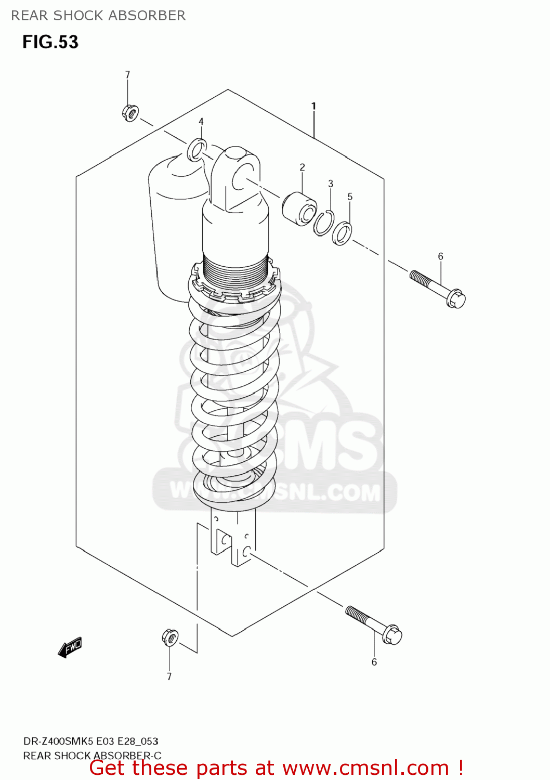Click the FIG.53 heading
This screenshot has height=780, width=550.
50,42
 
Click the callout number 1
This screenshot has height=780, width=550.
313,106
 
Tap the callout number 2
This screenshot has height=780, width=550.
302,167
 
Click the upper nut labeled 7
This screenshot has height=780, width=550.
130,112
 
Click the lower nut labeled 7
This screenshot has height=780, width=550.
170,637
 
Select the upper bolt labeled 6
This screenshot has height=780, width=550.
438,288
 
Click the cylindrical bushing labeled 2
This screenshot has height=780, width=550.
299,209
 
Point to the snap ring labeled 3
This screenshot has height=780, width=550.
323,223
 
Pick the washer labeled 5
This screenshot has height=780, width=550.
342,233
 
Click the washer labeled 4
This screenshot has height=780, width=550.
197,150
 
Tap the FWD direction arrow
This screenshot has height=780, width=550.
70,647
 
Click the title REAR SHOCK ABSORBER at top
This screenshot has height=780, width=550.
98,16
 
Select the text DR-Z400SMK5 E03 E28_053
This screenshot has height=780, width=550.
90,741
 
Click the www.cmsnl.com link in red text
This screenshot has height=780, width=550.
365,768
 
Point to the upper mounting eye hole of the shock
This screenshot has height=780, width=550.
242,177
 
